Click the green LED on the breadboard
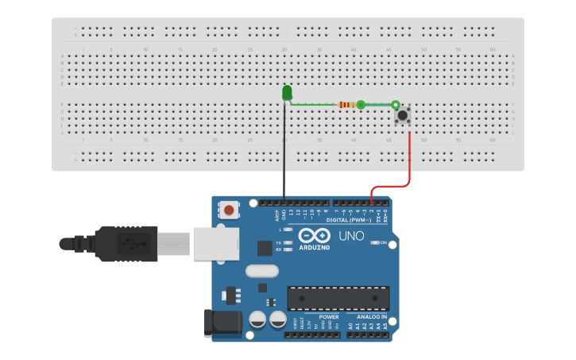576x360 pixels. (287, 93)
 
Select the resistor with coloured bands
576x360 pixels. (346, 105)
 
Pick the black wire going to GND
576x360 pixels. (284, 159)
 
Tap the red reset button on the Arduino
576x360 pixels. (229, 211)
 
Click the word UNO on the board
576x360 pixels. (351, 236)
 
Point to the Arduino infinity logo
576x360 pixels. (314, 236)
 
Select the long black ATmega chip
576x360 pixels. (338, 298)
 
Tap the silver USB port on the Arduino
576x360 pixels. (215, 243)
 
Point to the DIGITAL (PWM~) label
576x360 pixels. (354, 220)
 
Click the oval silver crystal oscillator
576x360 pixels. (262, 271)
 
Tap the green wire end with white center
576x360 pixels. (395, 104)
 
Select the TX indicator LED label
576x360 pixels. (278, 242)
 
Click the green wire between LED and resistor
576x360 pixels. (314, 104)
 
